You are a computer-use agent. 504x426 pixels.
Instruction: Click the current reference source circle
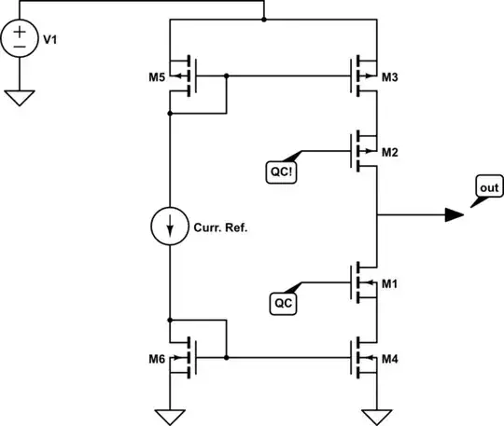click(170, 227)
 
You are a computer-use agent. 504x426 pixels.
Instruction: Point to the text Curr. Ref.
click(220, 227)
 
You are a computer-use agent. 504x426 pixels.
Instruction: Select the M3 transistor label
click(391, 76)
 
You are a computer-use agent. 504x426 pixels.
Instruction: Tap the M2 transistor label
click(391, 152)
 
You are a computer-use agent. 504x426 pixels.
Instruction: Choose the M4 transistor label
click(391, 358)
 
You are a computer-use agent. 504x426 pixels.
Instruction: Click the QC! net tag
click(280, 171)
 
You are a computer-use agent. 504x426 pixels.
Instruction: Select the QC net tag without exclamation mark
click(284, 302)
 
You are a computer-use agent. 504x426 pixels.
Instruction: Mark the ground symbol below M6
click(170, 413)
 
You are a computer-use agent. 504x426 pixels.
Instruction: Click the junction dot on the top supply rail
click(264, 19)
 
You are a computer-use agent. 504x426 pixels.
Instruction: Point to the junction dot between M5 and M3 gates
click(227, 75)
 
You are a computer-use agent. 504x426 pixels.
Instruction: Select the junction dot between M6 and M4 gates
click(227, 357)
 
